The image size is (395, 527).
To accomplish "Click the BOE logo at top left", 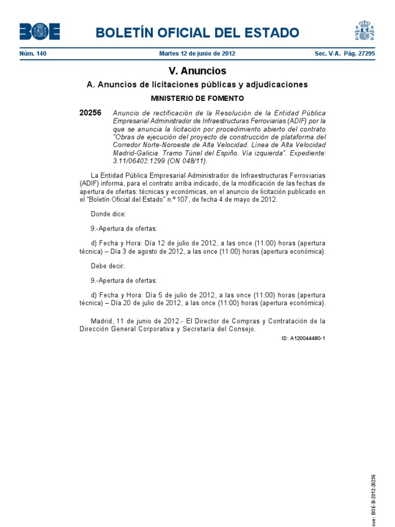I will pyautogui.click(x=40, y=32).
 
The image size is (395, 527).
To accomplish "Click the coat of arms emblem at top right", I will pyautogui.click(x=364, y=30).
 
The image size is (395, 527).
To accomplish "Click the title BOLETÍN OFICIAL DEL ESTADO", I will pyautogui.click(x=197, y=33).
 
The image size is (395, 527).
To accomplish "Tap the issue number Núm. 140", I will pyautogui.click(x=33, y=54).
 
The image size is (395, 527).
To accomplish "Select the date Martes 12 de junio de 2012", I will pyautogui.click(x=197, y=54).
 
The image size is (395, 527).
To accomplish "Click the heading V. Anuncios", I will pyautogui.click(x=197, y=71).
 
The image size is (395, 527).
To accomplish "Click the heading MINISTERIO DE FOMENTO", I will pyautogui.click(x=197, y=98).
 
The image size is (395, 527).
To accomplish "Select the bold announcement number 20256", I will pyautogui.click(x=90, y=113).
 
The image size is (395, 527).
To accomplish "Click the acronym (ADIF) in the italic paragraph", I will pyautogui.click(x=300, y=121).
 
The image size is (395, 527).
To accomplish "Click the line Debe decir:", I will pyautogui.click(x=107, y=266).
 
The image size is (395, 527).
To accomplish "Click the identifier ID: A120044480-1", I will pyautogui.click(x=303, y=338).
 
